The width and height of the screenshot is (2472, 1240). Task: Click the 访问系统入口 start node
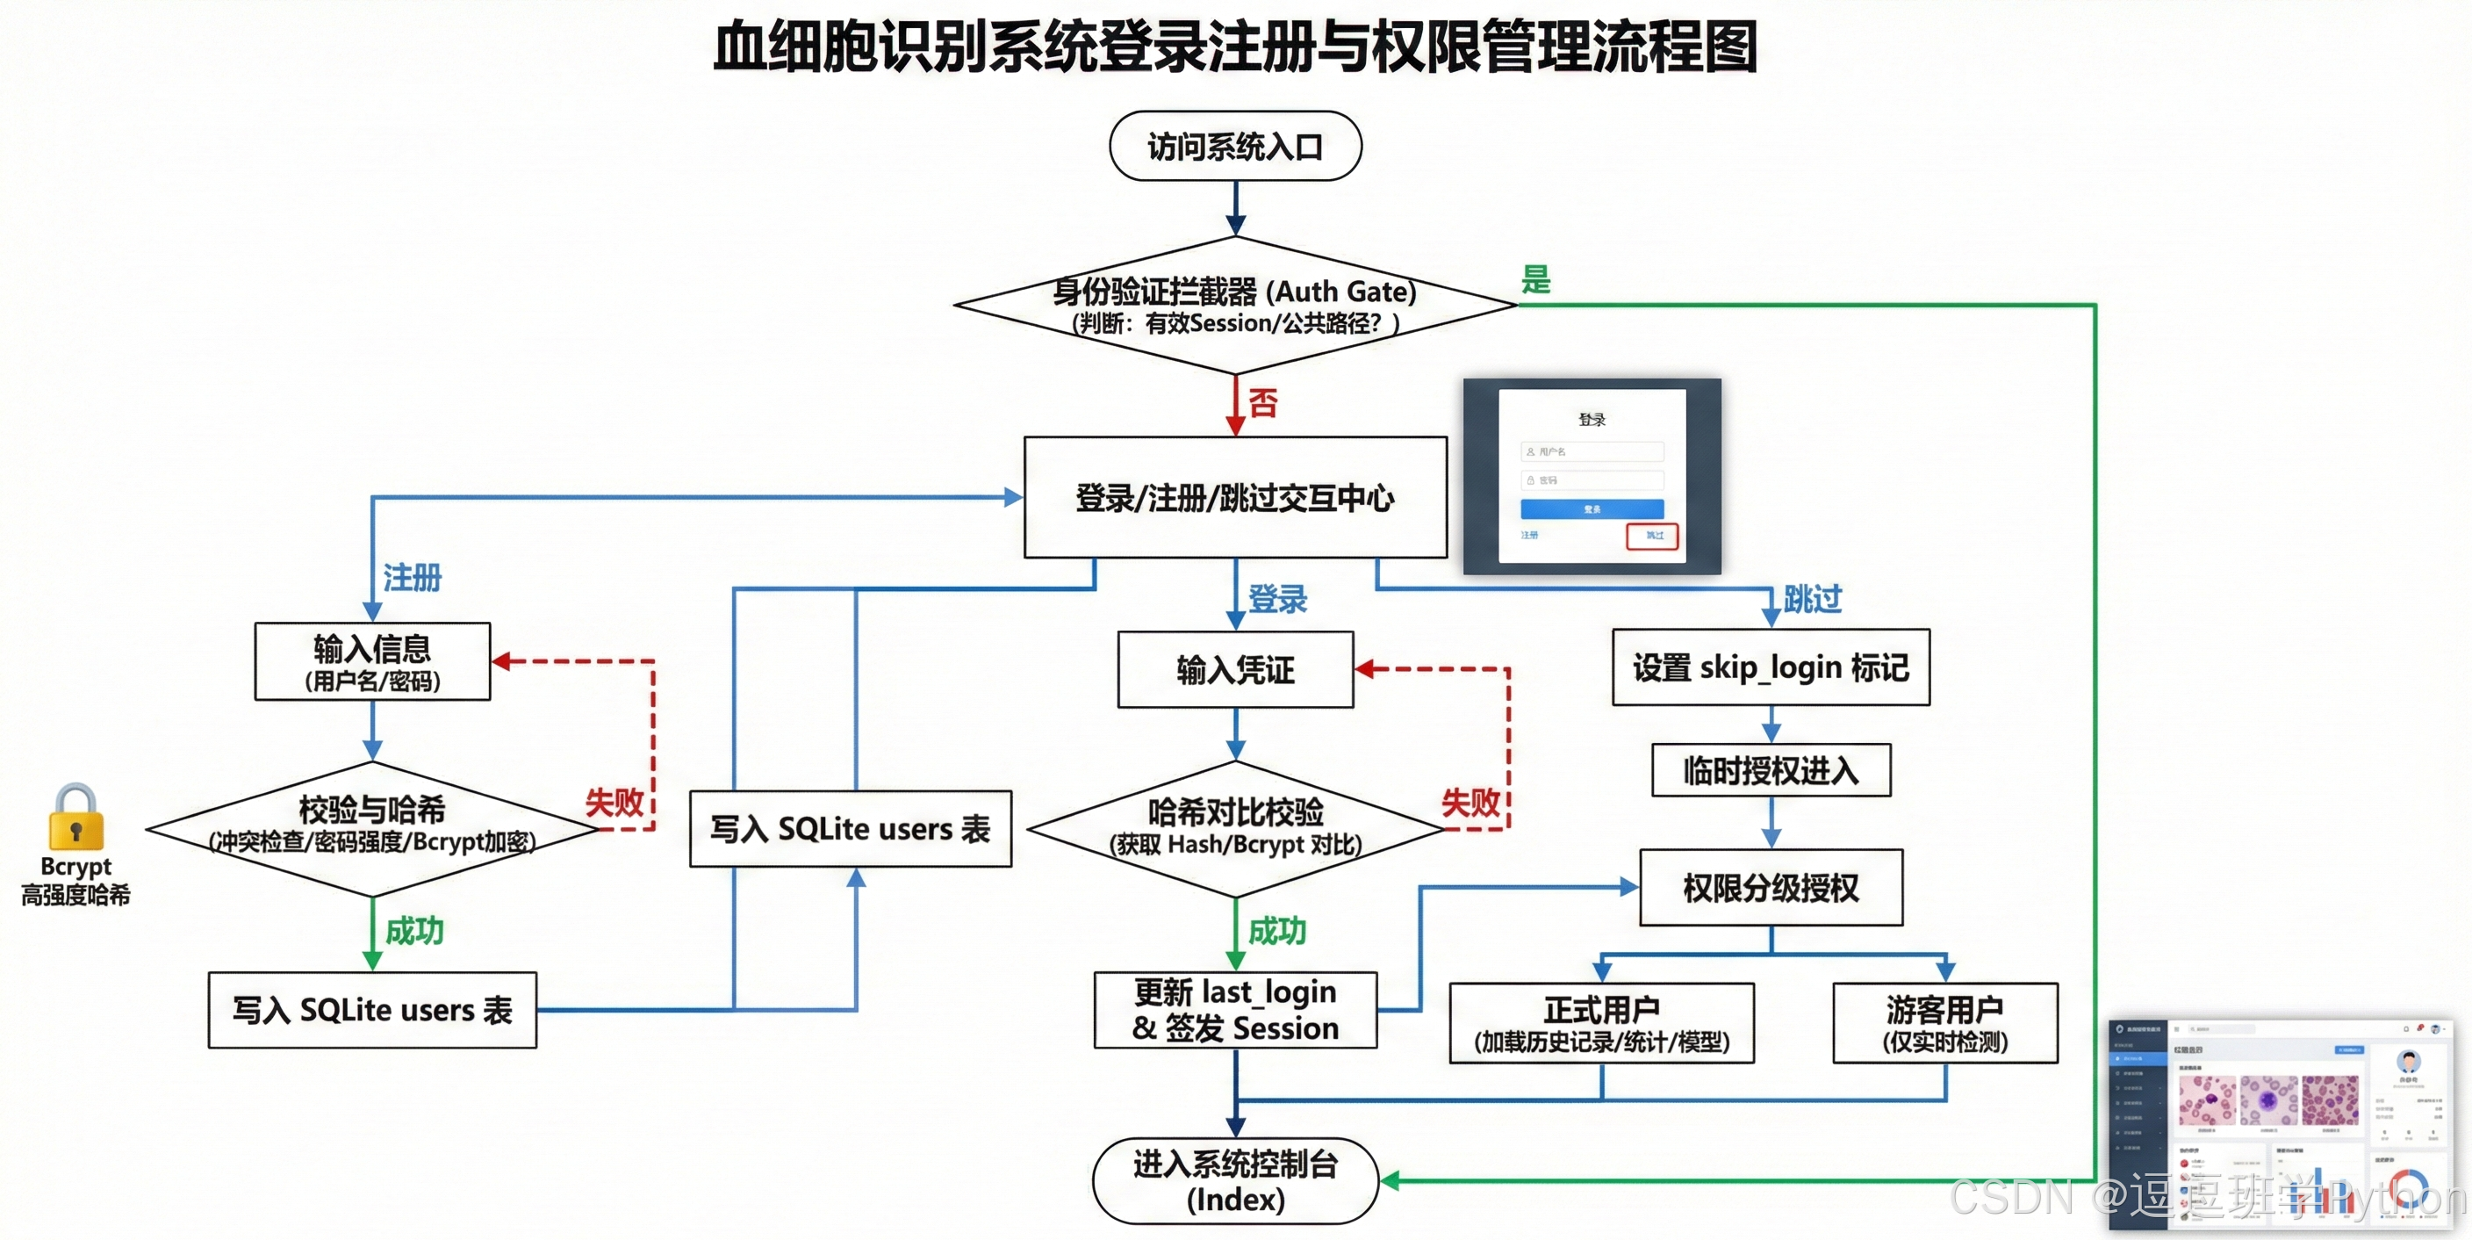pyautogui.click(x=1235, y=146)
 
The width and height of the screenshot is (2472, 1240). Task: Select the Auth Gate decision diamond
pyautogui.click(x=1235, y=306)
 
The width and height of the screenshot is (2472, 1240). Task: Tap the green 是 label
pyautogui.click(x=1535, y=279)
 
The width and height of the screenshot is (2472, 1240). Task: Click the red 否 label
pyautogui.click(x=1263, y=402)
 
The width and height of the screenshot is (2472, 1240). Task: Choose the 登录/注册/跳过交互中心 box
pyautogui.click(x=1235, y=497)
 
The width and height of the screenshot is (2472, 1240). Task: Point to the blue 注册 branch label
pyautogui.click(x=412, y=578)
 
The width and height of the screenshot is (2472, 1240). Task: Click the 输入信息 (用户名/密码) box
pyautogui.click(x=372, y=661)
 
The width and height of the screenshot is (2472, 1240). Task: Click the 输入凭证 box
pyautogui.click(x=1235, y=669)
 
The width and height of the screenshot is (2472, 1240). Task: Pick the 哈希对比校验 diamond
pyautogui.click(x=1235, y=828)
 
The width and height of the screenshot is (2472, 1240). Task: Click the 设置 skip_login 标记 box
pyautogui.click(x=1771, y=667)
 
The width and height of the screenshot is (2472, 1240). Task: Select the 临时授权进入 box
pyautogui.click(x=1771, y=769)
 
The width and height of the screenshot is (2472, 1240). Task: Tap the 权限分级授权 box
pyautogui.click(x=1771, y=887)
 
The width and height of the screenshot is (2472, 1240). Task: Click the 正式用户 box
pyautogui.click(x=1600, y=1022)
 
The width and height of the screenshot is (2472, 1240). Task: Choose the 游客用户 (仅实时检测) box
pyautogui.click(x=1944, y=1022)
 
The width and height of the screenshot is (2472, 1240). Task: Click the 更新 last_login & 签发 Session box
pyautogui.click(x=1235, y=1010)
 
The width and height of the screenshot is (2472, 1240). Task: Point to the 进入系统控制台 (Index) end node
pyautogui.click(x=1235, y=1180)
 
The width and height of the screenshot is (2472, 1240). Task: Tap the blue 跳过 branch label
pyautogui.click(x=1812, y=599)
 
